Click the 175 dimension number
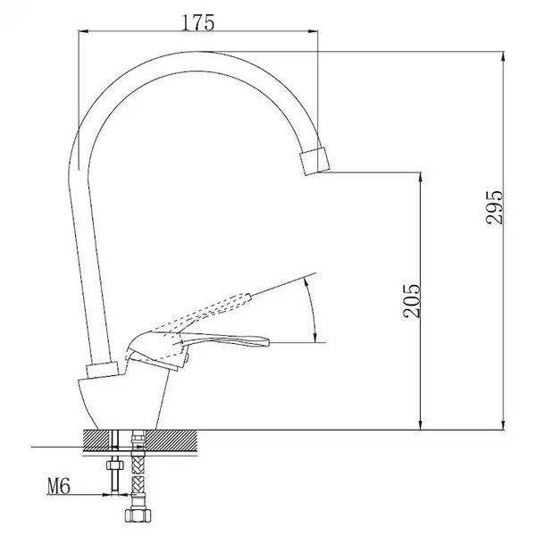tap(197, 22)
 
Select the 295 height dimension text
tap(494, 207)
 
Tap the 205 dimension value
tap(411, 301)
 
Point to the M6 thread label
tap(59, 487)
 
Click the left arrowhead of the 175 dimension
tap(84, 31)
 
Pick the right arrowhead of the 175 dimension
tap(313, 31)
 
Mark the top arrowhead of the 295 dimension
tap(502, 57)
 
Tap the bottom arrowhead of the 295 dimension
tap(502, 424)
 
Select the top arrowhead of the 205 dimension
tap(421, 178)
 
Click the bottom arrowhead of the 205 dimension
tap(421, 424)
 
